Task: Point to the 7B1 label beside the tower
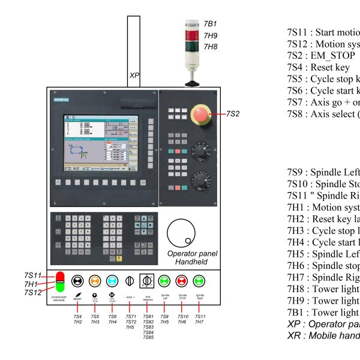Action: (x=210, y=24)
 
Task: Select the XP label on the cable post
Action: (x=134, y=76)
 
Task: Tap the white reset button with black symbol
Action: (x=77, y=280)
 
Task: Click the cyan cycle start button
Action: (x=112, y=280)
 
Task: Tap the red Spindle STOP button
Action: (x=182, y=280)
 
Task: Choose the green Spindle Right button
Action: (x=200, y=280)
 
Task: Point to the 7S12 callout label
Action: (x=33, y=293)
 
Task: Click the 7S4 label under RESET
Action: (x=77, y=316)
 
